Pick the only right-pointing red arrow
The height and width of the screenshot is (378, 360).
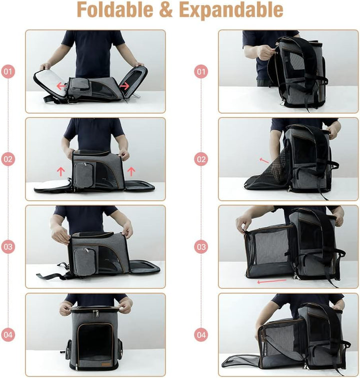pos(124,86)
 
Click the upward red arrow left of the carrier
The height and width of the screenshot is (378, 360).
pos(61,171)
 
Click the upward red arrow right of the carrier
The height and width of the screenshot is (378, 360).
pos(131,171)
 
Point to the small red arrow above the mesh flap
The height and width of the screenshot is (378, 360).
pos(263,160)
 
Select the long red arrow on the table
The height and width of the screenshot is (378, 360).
pos(272,281)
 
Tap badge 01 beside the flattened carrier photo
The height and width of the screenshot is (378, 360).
pos(7,72)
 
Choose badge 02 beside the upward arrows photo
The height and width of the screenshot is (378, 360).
pos(7,159)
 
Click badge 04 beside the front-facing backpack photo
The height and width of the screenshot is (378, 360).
pos(7,334)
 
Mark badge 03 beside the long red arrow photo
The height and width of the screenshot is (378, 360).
pos(201,247)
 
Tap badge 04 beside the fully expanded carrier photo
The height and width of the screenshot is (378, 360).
pos(201,334)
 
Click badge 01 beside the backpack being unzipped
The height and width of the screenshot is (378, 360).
pos(201,72)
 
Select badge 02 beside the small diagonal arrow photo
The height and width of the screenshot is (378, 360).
pos(201,159)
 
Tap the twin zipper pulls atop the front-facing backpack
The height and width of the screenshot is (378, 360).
pos(95,313)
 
